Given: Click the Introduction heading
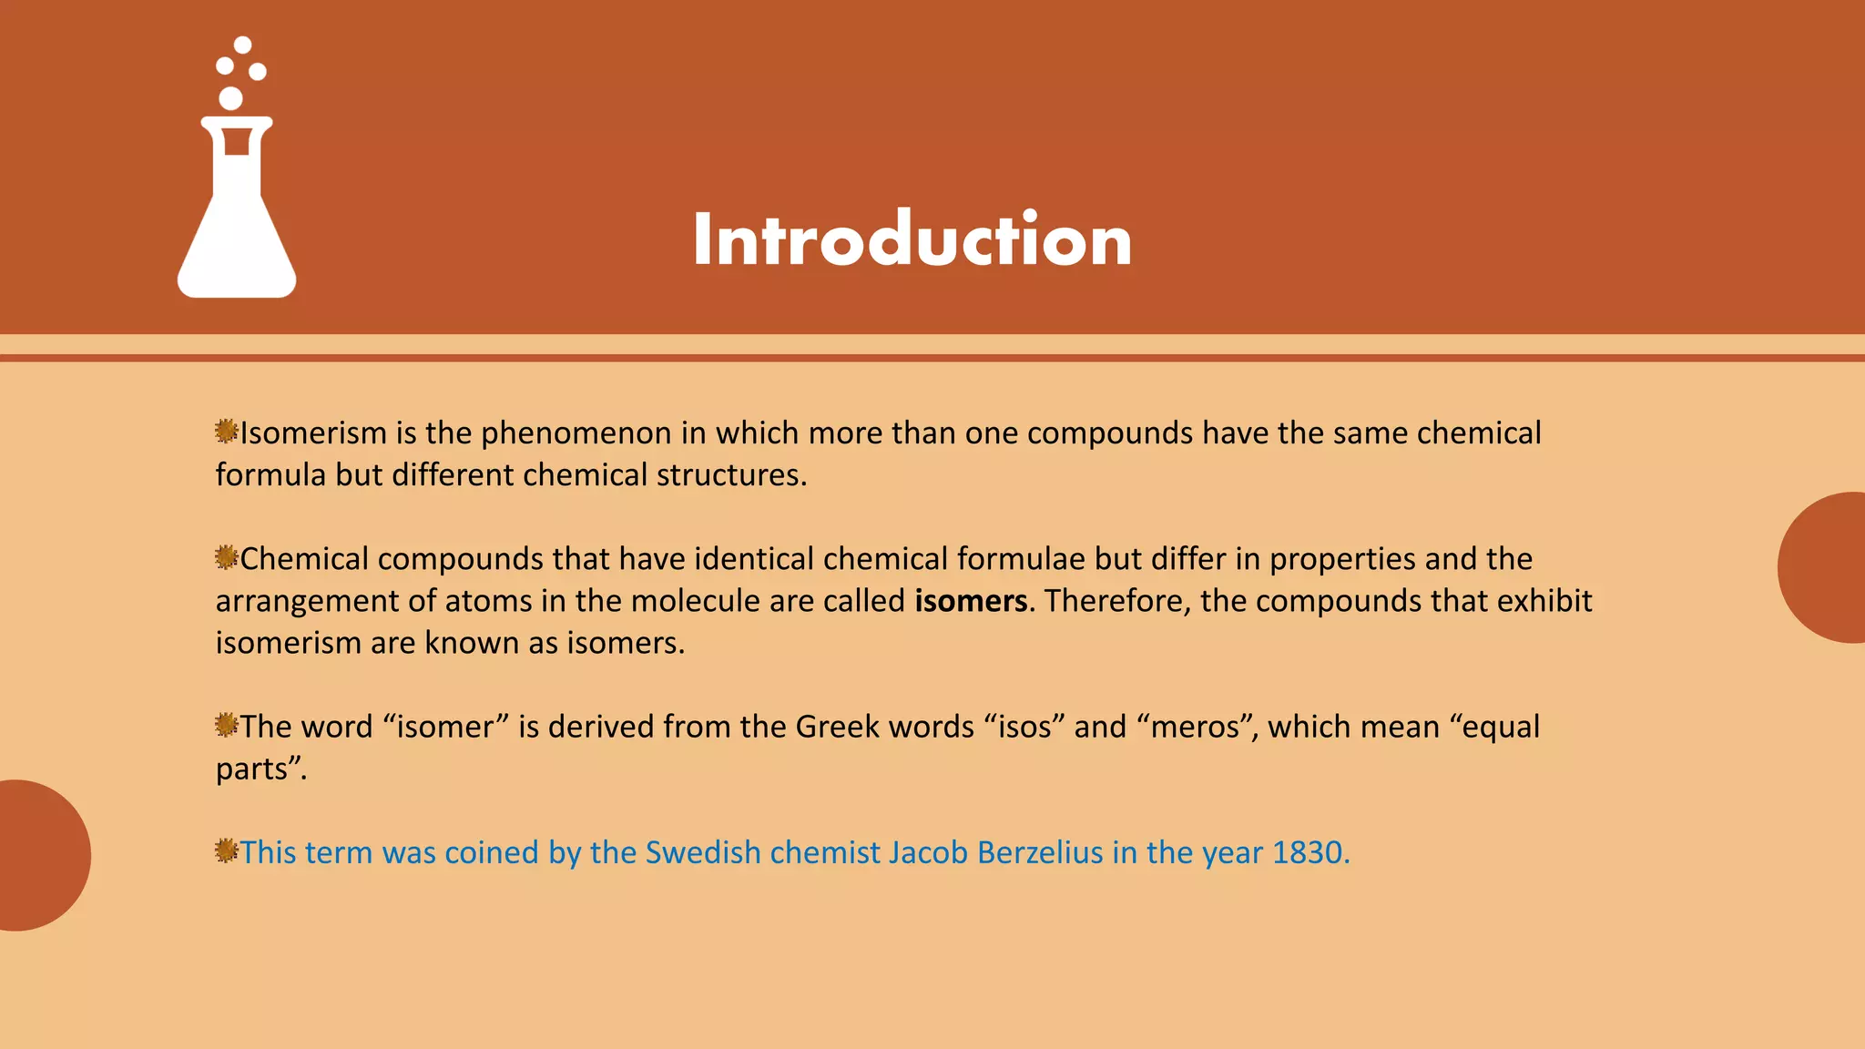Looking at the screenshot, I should point(912,239).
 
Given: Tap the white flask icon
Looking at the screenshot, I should point(237,219).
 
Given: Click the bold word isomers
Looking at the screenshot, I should point(971,601).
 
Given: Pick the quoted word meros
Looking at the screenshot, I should point(1195,727).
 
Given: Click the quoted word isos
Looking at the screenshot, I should point(1025,727).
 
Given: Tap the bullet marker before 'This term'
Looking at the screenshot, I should point(226,850).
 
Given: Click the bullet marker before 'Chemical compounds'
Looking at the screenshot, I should point(226,556).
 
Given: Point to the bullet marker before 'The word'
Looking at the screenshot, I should point(226,725).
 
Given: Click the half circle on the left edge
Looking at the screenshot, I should point(41,855).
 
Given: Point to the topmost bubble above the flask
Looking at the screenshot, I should point(242,45).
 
